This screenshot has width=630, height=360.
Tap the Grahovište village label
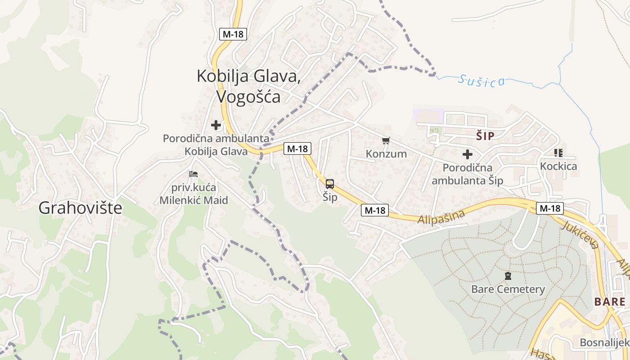coord(80,207)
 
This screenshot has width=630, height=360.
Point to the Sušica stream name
coord(481,81)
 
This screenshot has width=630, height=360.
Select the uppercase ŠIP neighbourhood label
coord(485,136)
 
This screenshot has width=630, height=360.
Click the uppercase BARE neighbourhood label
coord(610,301)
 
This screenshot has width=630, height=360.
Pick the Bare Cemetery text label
coord(508,289)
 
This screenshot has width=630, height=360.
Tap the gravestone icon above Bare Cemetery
coord(508,276)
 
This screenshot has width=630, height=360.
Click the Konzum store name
coord(386,154)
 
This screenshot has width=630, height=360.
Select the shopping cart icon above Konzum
coord(386,141)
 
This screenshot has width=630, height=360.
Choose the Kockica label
coord(558,166)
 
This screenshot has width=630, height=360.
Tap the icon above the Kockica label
coord(558,153)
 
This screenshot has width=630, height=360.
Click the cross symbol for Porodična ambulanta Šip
coord(468,154)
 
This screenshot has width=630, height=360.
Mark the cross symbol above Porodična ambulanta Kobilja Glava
coord(216,125)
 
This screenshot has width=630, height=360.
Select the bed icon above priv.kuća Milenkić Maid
coord(193,174)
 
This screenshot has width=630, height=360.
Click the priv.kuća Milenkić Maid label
coord(193,193)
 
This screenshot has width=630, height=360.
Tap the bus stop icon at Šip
coord(330,184)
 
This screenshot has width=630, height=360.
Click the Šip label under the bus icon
coord(330,197)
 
